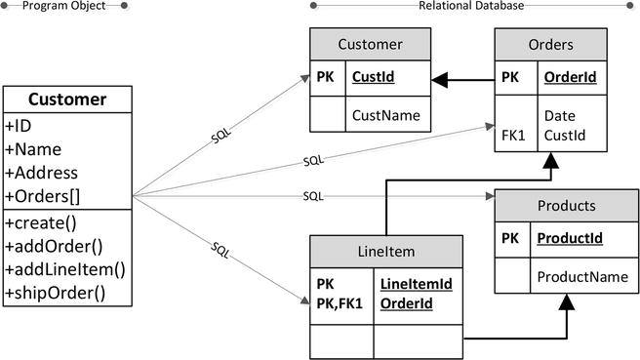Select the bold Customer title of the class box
coord(66,100)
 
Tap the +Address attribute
coord(39,173)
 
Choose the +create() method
coord(39,221)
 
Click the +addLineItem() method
coord(65,268)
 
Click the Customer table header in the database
coord(370,44)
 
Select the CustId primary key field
coord(374,77)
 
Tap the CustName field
coord(385,115)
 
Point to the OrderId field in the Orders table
coord(562,77)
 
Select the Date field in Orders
coord(560,116)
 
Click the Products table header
coord(566,206)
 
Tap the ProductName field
coord(582,277)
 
